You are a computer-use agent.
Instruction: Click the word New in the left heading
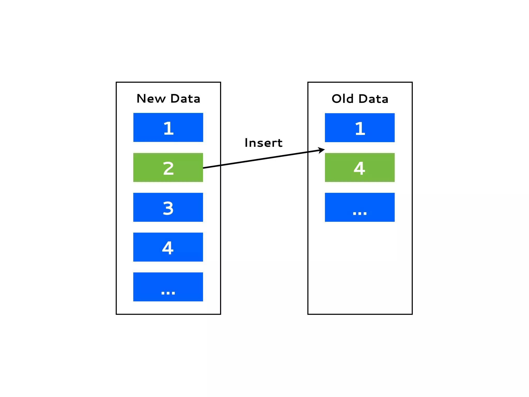tap(151, 99)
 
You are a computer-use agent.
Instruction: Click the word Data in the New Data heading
tap(185, 99)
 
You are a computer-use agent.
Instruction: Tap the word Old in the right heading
tap(343, 99)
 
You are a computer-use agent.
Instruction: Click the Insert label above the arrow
tap(263, 143)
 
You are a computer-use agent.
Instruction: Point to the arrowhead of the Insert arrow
tap(322, 150)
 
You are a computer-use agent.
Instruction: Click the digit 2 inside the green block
tap(168, 168)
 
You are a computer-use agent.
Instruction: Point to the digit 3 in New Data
tap(168, 208)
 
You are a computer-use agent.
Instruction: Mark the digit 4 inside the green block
tap(359, 168)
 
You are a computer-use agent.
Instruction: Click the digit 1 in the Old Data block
tap(360, 128)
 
